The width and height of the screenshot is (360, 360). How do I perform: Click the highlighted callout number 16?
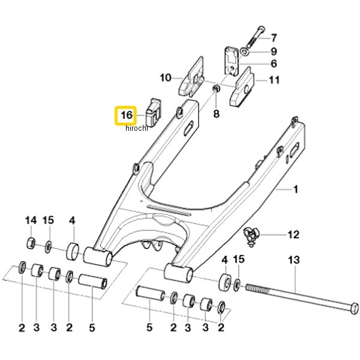pos(127,115)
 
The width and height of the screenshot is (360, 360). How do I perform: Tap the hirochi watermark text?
pos(137,128)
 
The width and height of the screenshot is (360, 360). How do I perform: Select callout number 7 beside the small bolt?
pos(274,38)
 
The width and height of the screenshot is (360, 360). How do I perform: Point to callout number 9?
pos(274,52)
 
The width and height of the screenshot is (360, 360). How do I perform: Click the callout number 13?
pos(294,260)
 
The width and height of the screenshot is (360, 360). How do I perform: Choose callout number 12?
pos(293,235)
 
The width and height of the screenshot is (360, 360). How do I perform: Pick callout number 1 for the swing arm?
pos(296,190)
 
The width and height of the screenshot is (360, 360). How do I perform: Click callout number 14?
pos(31,220)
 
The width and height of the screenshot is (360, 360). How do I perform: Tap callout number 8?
pos(216,113)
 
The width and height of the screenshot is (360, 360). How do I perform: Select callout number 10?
pos(166,77)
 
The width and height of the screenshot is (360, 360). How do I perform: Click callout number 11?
pos(274,80)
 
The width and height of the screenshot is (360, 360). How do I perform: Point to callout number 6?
pos(274,64)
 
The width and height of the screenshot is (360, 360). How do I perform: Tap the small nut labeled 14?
pos(31,244)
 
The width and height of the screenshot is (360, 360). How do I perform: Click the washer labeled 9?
pos(244,52)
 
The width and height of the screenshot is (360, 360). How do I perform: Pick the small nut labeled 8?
pos(216,88)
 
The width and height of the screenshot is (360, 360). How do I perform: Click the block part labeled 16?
pos(153,112)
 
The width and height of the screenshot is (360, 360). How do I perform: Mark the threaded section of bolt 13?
pos(257,289)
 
